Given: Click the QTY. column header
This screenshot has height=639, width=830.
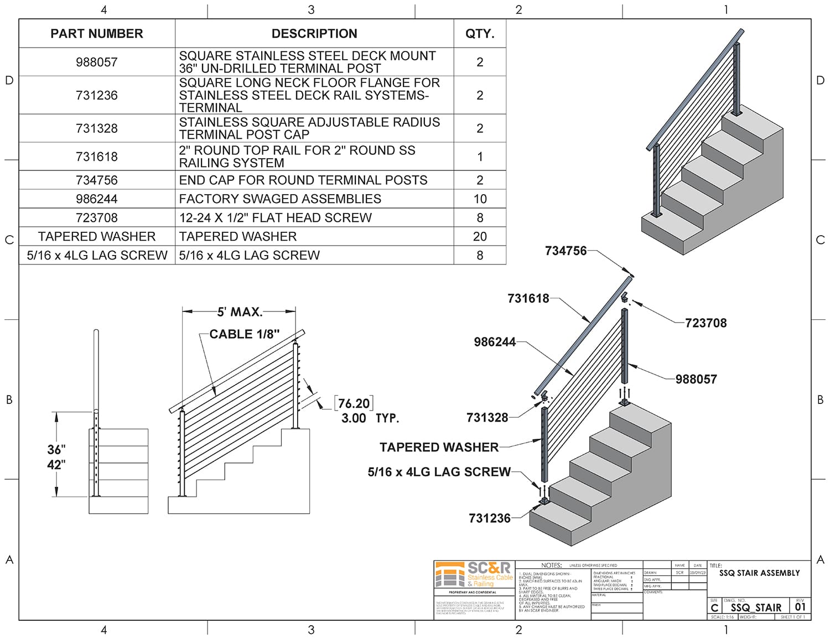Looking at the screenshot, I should pos(479,34).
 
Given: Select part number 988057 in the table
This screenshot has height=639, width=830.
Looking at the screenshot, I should pos(97,62).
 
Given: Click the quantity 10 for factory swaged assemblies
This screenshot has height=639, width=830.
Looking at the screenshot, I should pos(480,199).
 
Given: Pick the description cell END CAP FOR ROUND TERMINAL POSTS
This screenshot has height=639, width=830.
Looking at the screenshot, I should pos(303,180).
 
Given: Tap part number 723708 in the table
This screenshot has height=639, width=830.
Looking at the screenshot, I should pos(97,218).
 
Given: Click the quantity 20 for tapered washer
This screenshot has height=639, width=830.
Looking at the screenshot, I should pos(480,237).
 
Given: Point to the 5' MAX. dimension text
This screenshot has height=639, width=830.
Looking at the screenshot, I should pos(240,312).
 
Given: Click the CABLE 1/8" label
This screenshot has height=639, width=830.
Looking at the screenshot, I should pos(245,334).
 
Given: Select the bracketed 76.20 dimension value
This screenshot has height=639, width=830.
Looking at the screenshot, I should pos(354,403).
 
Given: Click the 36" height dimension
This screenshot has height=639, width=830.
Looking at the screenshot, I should pos(56,450).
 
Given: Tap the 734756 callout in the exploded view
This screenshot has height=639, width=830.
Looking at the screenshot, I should pos(566,251).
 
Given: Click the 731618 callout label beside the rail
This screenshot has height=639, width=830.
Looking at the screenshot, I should pos(528,299).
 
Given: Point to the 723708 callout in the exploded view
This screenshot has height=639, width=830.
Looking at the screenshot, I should pos(705,323).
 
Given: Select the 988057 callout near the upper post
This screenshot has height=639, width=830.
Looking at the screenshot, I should pos(696,380).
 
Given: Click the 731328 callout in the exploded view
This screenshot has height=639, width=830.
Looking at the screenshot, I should pos(487,418).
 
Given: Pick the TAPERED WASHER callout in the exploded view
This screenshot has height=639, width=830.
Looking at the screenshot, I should pos(439,447).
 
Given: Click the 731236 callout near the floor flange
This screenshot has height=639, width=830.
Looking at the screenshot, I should pos(490,518).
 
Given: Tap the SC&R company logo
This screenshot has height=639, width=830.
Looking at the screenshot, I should pos(474,575).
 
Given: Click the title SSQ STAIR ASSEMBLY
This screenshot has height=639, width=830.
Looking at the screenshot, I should pos(759,573).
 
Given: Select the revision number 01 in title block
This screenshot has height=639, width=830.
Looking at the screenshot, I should pos(800,607).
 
